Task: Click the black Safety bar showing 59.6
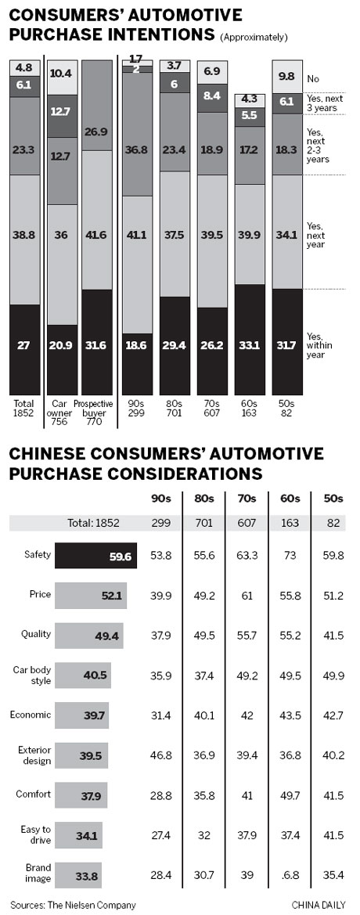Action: tap(96, 555)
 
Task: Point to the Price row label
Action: tap(40, 595)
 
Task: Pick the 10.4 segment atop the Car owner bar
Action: tap(63, 73)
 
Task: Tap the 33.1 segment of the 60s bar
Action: tap(250, 341)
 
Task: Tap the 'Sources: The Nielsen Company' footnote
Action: tap(68, 904)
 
